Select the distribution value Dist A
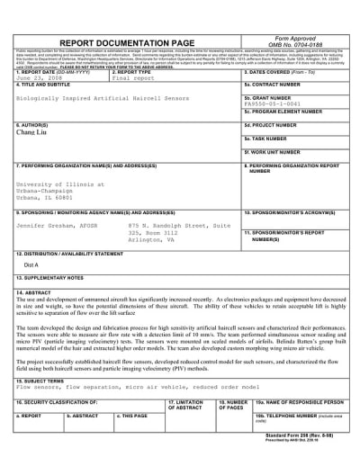pyautogui.click(x=31, y=291)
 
